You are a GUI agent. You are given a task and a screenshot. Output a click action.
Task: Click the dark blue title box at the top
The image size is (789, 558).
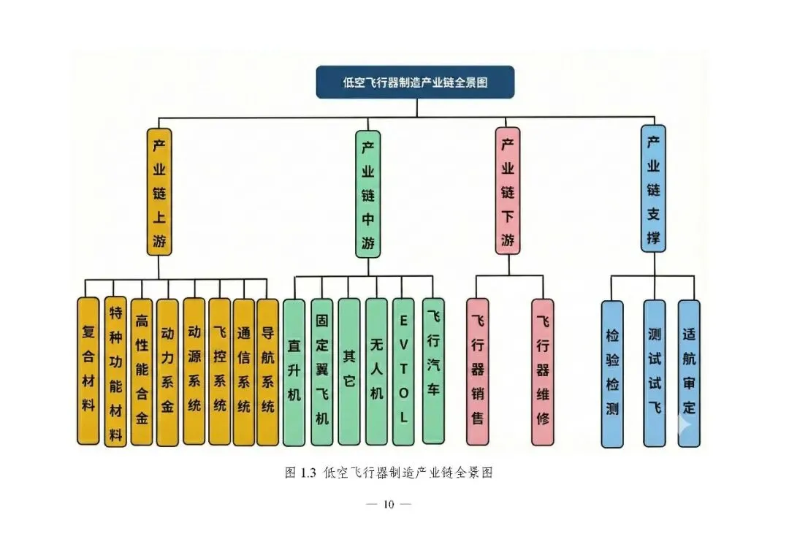click(x=414, y=82)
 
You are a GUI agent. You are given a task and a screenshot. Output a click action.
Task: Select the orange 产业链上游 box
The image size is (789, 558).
click(x=159, y=191)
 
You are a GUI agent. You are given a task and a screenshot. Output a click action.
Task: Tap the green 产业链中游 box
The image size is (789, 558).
click(x=367, y=194)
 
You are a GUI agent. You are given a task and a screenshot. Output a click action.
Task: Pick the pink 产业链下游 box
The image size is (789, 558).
click(x=507, y=191)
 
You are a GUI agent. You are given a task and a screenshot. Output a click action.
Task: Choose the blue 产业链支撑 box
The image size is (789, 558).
click(x=653, y=188)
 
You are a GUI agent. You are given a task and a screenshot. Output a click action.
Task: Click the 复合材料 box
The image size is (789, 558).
click(x=88, y=371)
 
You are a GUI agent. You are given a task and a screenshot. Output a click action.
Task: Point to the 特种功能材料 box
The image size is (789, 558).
click(x=115, y=371)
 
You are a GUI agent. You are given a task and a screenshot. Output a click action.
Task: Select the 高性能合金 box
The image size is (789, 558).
click(x=142, y=371)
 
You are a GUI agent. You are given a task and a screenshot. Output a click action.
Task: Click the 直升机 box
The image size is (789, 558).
click(x=294, y=372)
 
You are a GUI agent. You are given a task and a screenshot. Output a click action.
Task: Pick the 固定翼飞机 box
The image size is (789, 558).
click(x=321, y=372)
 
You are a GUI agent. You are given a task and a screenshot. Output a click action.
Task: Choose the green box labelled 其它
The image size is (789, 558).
click(x=349, y=372)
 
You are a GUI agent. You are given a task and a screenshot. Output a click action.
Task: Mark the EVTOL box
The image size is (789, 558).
click(x=403, y=372)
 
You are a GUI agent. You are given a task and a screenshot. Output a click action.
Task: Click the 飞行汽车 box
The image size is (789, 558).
click(x=433, y=370)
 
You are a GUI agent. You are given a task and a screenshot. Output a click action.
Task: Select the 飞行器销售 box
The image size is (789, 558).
click(x=478, y=372)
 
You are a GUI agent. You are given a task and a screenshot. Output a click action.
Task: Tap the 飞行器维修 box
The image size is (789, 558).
click(x=542, y=372)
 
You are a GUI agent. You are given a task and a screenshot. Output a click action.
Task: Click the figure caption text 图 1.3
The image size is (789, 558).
click(x=300, y=473)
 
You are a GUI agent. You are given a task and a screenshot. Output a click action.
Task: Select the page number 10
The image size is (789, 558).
click(x=388, y=504)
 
